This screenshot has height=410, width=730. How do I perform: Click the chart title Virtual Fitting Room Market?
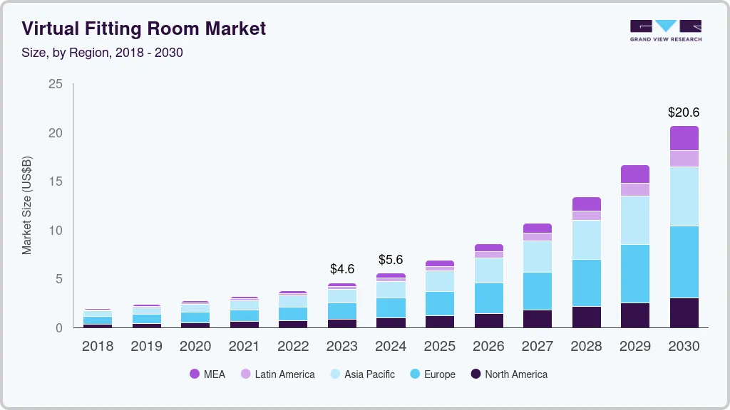(x=143, y=28)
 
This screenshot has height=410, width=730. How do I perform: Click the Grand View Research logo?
(x=665, y=31)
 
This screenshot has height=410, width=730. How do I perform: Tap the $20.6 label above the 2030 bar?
(x=683, y=112)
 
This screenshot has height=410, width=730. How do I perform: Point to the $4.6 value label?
(x=342, y=269)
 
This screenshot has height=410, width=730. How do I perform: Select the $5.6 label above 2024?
(x=391, y=259)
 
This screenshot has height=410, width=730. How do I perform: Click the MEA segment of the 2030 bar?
(x=684, y=138)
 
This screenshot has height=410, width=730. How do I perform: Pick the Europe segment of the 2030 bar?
(x=684, y=262)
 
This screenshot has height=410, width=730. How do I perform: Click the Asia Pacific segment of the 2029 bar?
(x=634, y=220)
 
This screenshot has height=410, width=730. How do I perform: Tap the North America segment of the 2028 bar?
(x=586, y=317)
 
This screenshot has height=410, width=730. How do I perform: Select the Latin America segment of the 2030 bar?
(x=684, y=159)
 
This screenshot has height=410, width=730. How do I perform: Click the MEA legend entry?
(x=207, y=374)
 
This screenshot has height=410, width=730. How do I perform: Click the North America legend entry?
(x=509, y=374)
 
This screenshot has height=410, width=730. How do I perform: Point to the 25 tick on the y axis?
(x=56, y=84)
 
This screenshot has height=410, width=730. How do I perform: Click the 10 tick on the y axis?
(x=56, y=231)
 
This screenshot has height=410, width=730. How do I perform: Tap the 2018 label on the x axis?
(x=98, y=347)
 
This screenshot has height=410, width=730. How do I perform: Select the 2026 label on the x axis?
(x=488, y=347)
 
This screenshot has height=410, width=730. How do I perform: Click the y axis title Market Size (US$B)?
(x=27, y=206)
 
